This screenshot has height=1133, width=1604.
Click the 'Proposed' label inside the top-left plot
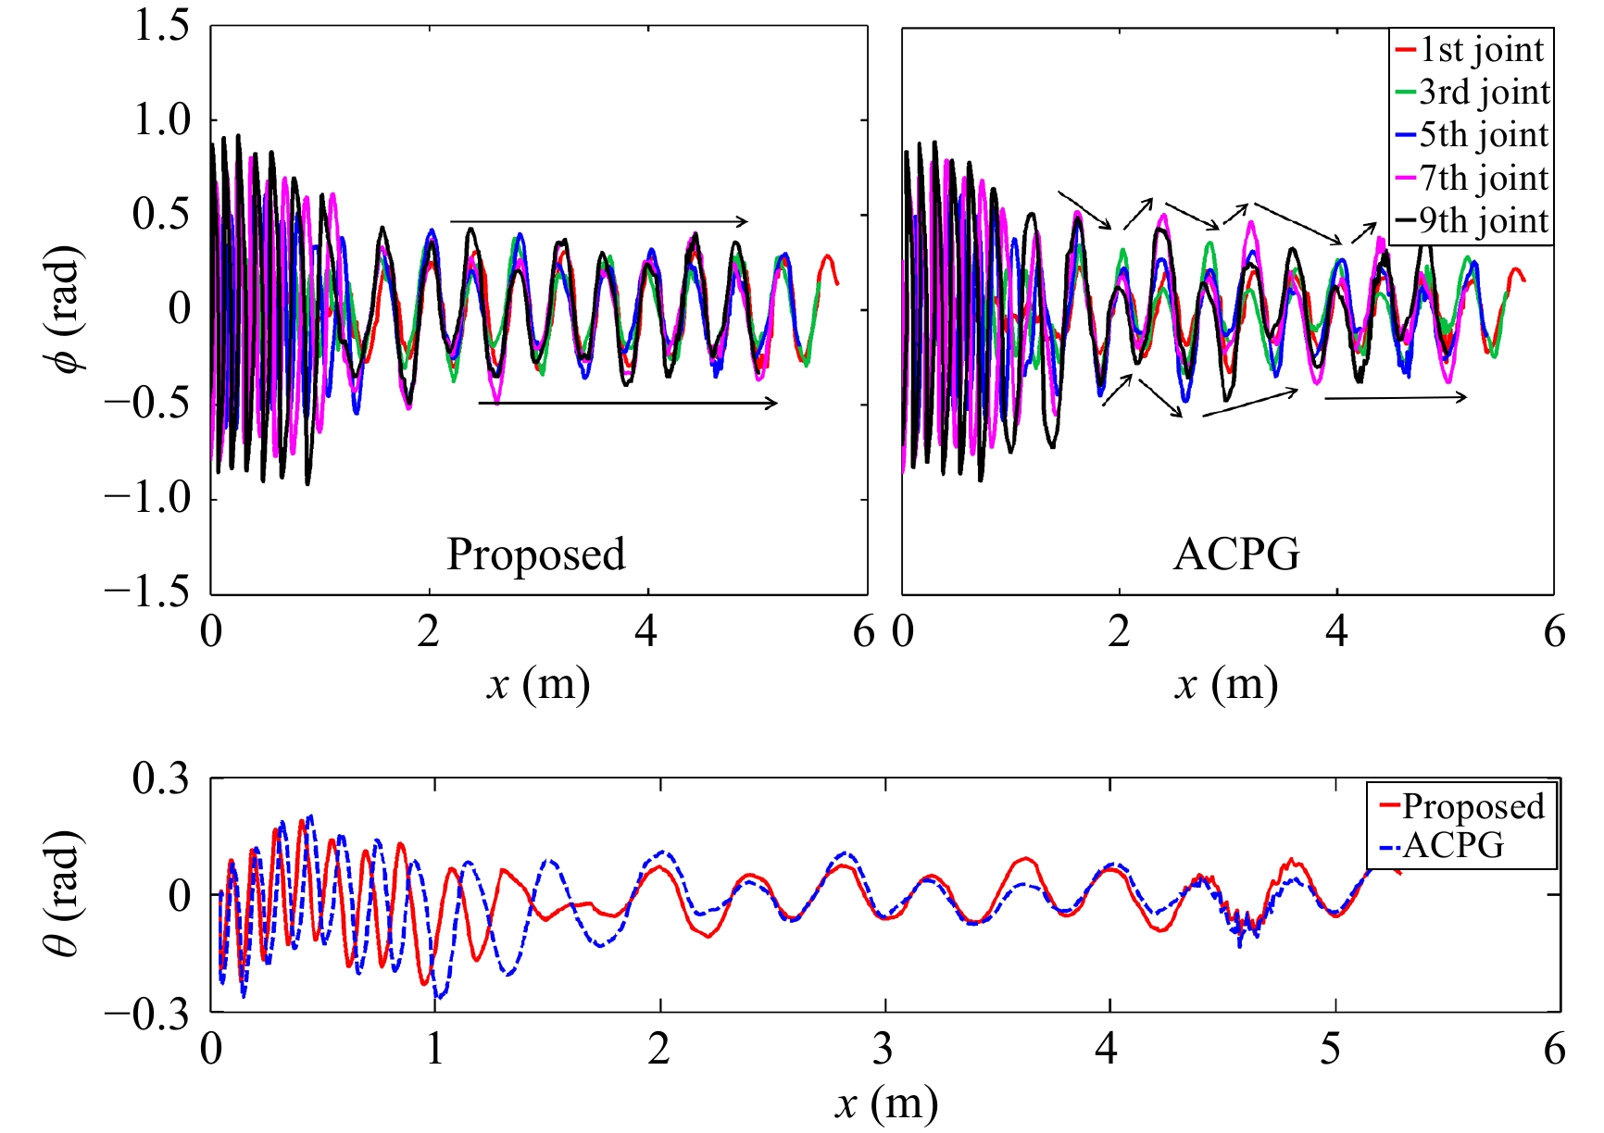tap(535, 554)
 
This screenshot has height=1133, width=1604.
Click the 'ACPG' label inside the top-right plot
tap(1235, 554)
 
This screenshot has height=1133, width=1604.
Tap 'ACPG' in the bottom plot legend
tap(1452, 845)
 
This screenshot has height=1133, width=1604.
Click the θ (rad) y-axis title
tap(65, 893)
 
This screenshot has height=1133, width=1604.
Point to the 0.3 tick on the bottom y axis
tap(159, 778)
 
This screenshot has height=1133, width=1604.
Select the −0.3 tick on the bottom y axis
tap(146, 1015)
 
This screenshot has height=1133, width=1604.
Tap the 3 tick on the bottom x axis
tap(883, 1049)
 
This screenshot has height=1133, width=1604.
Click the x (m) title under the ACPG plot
tap(1226, 685)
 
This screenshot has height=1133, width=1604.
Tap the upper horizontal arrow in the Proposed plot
tap(598, 221)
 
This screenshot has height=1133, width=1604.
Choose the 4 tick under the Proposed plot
tap(646, 632)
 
